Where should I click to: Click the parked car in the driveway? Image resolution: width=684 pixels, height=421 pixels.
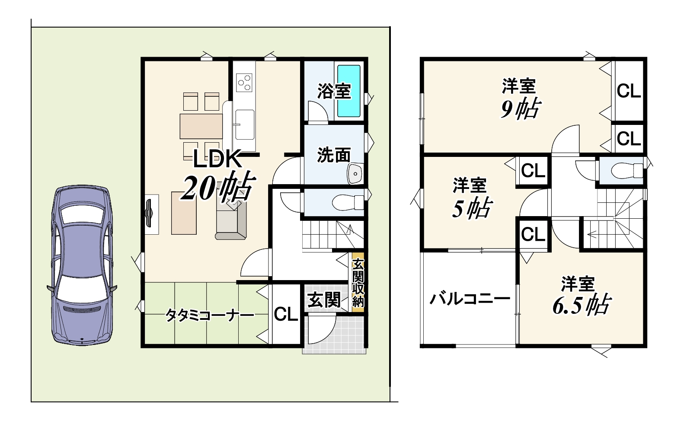click(x=82, y=265)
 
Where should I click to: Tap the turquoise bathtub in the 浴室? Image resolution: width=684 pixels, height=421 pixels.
click(x=349, y=91)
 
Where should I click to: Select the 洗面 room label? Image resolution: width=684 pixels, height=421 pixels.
click(x=334, y=155)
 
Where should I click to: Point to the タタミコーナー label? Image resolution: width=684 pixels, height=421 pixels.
click(x=210, y=316)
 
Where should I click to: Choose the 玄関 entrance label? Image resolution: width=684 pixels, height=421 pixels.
click(x=324, y=300)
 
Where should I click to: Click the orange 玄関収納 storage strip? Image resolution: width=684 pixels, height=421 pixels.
click(x=358, y=282)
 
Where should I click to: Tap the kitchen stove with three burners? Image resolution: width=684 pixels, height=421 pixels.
click(x=244, y=83)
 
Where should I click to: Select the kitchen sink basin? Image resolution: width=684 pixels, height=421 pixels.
click(x=245, y=124)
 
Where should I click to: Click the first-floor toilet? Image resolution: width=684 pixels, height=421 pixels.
click(x=348, y=202)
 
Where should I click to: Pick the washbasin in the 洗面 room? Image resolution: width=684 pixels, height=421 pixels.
click(x=355, y=173)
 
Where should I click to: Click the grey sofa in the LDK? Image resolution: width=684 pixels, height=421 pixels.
click(x=231, y=218)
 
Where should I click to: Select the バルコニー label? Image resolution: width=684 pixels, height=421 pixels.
click(x=470, y=299)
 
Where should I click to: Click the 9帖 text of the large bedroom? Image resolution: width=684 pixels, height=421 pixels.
click(x=521, y=108)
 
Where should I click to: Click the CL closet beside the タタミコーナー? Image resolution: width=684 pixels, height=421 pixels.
click(x=286, y=314)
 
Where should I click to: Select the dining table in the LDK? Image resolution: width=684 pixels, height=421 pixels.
click(x=201, y=126)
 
